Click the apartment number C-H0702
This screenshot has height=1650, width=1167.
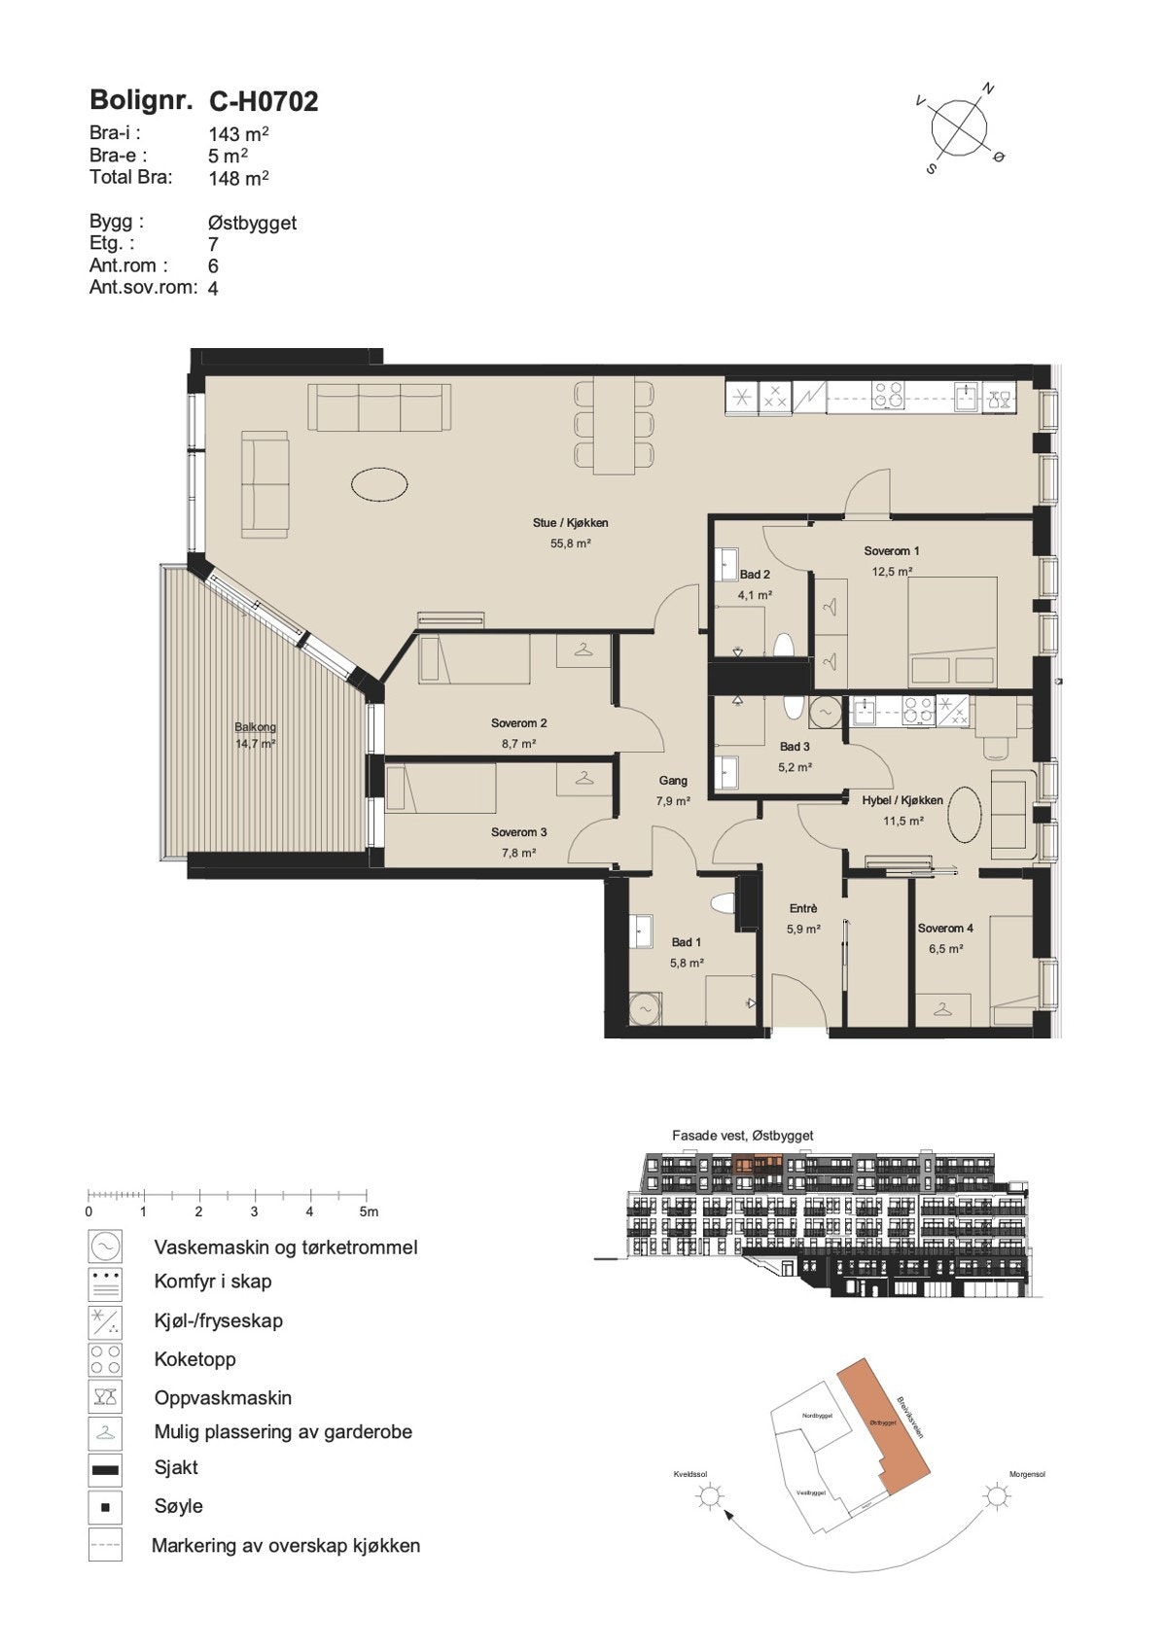tap(264, 101)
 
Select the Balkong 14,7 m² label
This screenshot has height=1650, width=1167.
tap(256, 735)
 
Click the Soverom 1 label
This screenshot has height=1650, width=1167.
tap(891, 551)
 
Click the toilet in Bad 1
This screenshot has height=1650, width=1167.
tap(722, 903)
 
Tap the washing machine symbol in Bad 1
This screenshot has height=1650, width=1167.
tap(644, 1008)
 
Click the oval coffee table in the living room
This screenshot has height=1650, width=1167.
tap(379, 483)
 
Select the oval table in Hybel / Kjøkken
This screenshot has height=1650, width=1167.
tap(966, 815)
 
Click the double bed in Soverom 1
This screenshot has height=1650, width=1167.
tap(952, 633)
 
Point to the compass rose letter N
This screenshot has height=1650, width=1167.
tap(989, 89)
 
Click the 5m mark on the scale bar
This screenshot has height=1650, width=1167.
tap(368, 1211)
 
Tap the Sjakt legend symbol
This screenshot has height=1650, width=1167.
tap(105, 1469)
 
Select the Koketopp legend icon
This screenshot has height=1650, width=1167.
tap(105, 1358)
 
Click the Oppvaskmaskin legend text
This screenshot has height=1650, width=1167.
tap(223, 1397)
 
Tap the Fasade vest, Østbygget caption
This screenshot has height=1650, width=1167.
tap(742, 1135)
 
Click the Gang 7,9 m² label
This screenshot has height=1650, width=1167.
tap(673, 790)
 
